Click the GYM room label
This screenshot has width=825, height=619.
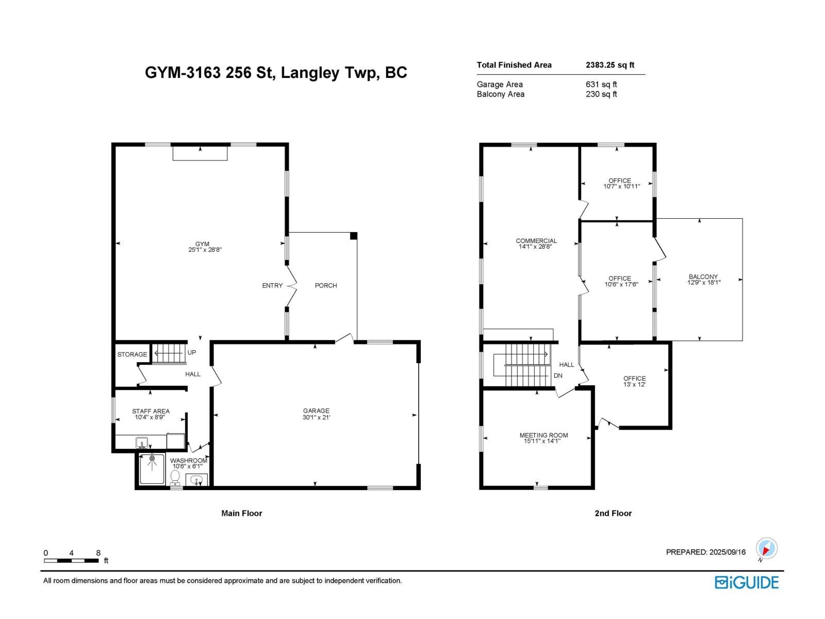coord(202,244)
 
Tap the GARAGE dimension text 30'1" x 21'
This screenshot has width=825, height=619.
coord(316,417)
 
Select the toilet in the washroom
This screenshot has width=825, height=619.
coord(175,478)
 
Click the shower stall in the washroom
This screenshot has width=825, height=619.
coord(152,468)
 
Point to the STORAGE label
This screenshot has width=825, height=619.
coord(132,354)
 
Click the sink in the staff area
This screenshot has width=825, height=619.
coord(141,442)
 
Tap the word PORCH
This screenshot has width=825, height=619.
coord(326,285)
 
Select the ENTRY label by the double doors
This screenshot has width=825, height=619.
coord(272,285)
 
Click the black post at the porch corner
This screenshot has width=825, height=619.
coord(354,236)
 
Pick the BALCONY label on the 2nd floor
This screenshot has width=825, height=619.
coord(703,276)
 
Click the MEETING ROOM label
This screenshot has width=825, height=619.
coord(543,435)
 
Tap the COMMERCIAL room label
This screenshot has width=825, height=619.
coord(536,241)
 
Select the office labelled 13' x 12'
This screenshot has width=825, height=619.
coord(634,381)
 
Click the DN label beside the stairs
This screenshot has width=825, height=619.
coord(558,376)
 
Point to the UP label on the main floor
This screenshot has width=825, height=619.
coord(192,353)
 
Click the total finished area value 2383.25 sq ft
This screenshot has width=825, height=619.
coord(610,65)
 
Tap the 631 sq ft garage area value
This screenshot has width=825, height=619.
coord(601,84)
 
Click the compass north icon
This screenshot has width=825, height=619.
coord(766,549)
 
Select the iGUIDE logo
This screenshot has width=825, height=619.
coord(747,582)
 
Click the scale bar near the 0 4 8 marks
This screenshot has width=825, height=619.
coord(72,560)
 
